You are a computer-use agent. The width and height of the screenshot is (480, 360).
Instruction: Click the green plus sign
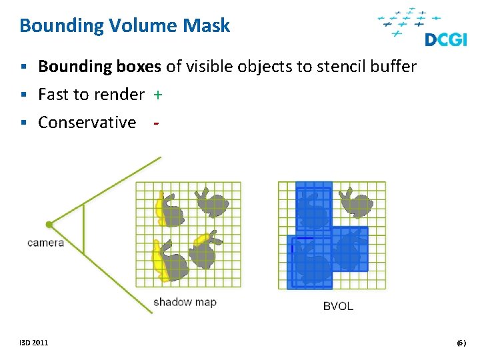click(157, 95)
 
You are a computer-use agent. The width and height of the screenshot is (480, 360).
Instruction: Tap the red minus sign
click(155, 123)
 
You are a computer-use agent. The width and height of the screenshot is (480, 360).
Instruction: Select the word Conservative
click(87, 123)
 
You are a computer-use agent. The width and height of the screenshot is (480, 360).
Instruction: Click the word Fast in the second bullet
click(53, 95)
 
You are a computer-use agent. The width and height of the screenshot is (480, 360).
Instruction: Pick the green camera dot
click(49, 225)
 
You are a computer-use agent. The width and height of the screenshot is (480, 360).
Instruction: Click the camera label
click(45, 243)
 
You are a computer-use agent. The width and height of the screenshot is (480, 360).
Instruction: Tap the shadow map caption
click(185, 302)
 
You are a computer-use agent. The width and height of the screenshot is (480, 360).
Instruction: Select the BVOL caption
click(337, 306)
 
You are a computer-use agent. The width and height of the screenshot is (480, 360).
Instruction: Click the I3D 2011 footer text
click(33, 343)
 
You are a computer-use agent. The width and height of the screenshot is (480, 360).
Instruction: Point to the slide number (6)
click(461, 343)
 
